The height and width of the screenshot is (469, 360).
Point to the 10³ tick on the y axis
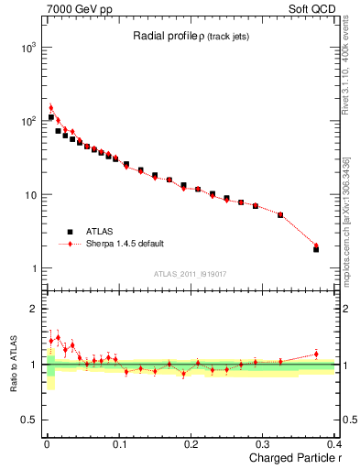click(28, 47)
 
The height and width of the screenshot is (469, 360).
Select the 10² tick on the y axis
click(28, 121)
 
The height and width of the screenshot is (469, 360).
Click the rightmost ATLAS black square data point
click(316, 249)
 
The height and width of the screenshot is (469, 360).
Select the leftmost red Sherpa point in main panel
click(51, 108)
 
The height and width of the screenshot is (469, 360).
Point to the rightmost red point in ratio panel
click(316, 354)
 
